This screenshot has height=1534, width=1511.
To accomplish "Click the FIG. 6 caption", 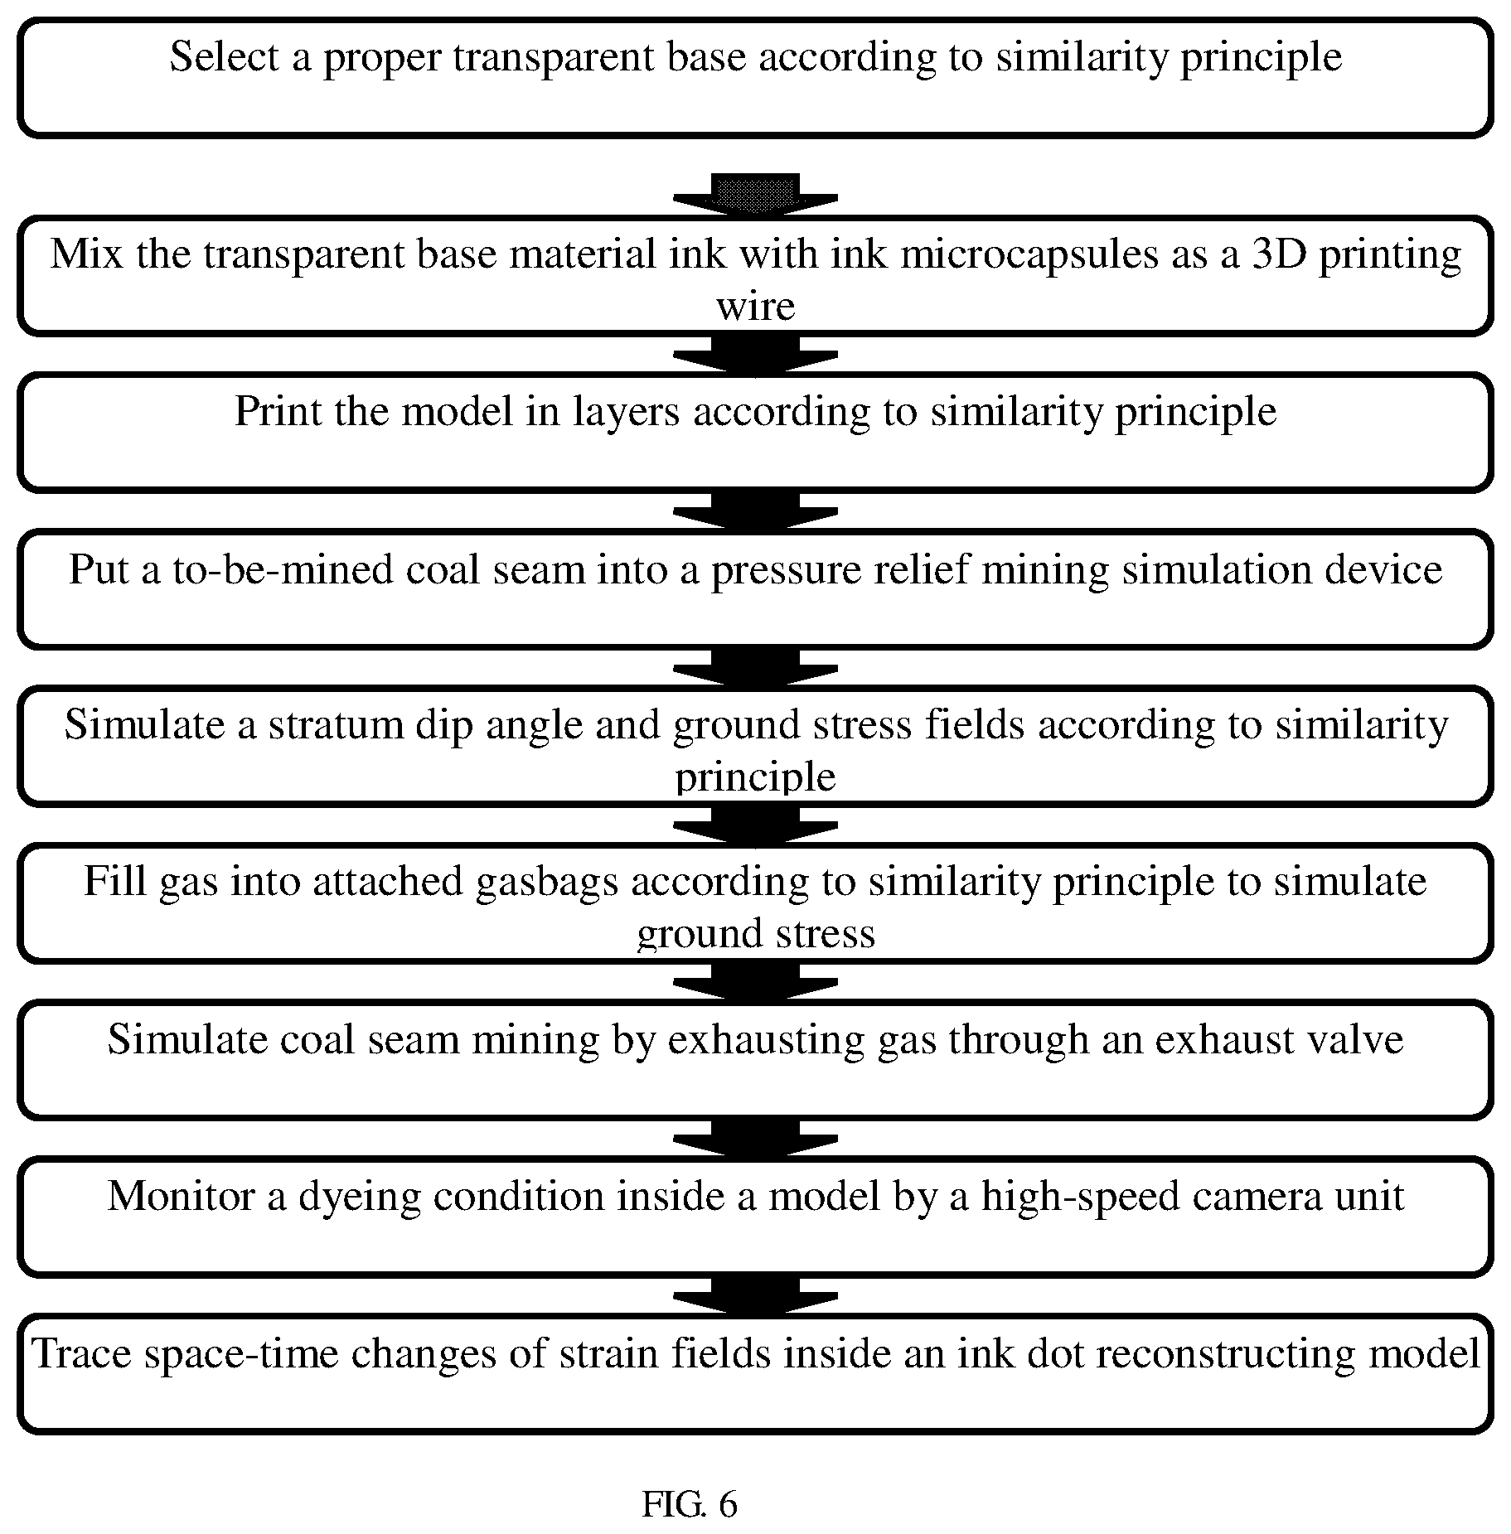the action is tap(689, 1503).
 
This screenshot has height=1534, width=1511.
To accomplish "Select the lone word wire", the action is tap(755, 307).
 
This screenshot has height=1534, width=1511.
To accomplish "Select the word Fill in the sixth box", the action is tap(114, 881).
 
